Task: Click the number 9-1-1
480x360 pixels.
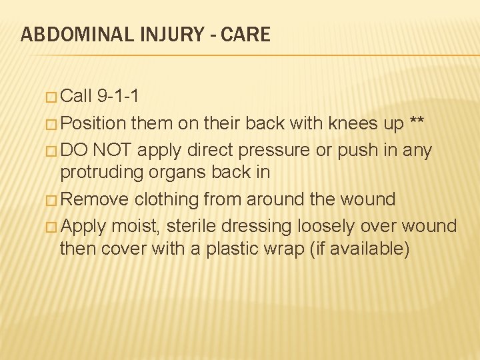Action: (118, 96)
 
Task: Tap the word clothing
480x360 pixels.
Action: (167, 199)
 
